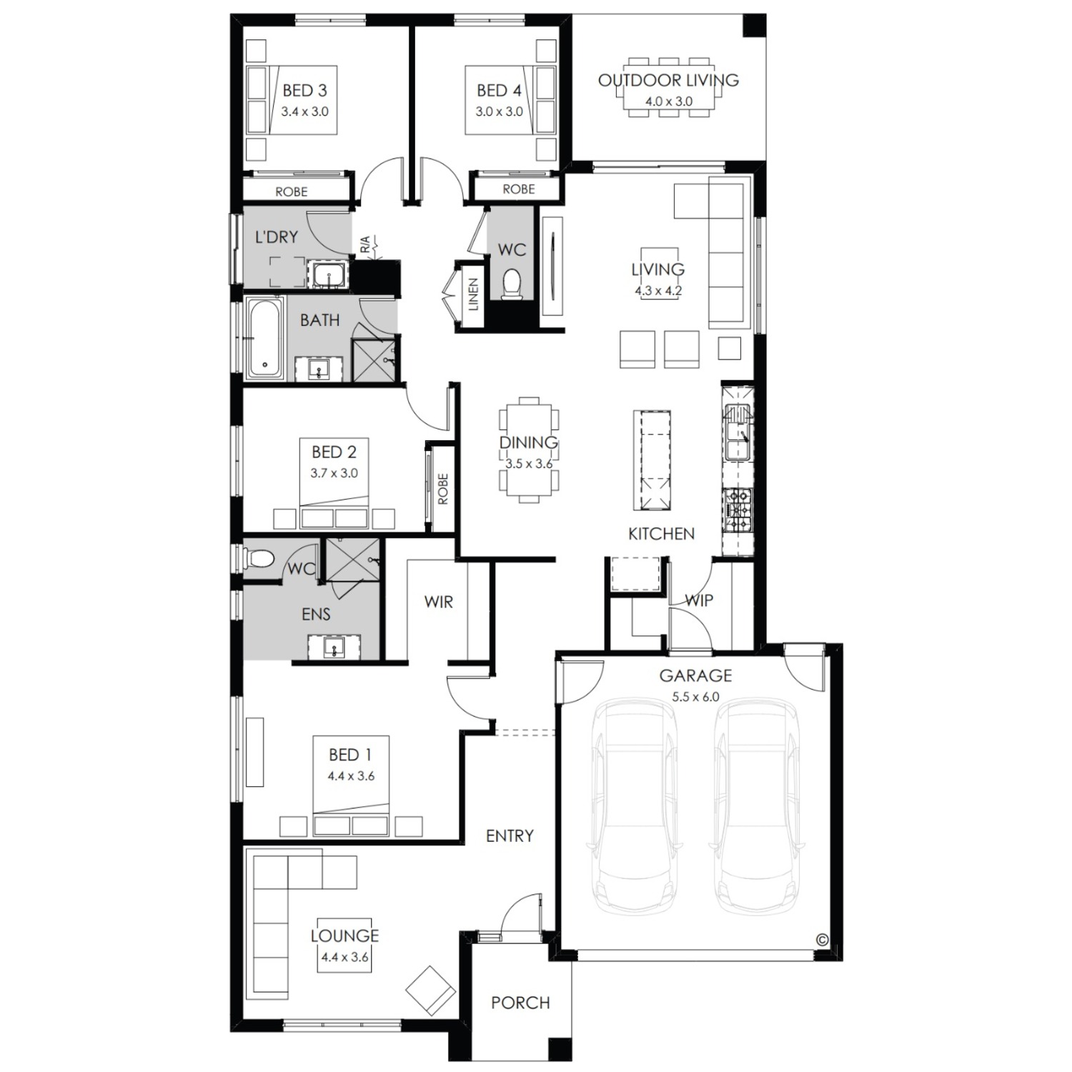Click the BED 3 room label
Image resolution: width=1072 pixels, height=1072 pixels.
click(x=304, y=91)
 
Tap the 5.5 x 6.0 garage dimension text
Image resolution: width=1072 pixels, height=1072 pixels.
click(x=695, y=697)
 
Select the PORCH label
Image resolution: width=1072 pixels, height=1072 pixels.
click(x=520, y=1003)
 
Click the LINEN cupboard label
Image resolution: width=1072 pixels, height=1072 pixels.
click(x=473, y=294)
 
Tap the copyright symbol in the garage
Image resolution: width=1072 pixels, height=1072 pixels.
click(x=822, y=940)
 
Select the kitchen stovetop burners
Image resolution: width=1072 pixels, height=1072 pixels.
click(x=738, y=510)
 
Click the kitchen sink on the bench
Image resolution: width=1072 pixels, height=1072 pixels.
click(x=738, y=432)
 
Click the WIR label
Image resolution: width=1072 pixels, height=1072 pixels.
click(x=438, y=602)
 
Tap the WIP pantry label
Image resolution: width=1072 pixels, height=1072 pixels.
click(x=699, y=600)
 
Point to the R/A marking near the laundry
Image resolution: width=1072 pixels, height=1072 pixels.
click(x=365, y=245)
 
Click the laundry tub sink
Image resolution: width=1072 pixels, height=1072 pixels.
click(x=328, y=275)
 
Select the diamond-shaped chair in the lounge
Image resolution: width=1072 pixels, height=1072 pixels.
click(x=430, y=991)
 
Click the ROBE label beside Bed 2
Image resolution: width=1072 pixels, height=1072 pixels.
click(x=442, y=489)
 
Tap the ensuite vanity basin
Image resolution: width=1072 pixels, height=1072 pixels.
click(x=334, y=648)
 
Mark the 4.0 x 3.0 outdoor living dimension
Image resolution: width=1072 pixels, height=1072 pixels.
click(x=669, y=101)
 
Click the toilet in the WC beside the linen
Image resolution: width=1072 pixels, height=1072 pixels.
click(x=512, y=283)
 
